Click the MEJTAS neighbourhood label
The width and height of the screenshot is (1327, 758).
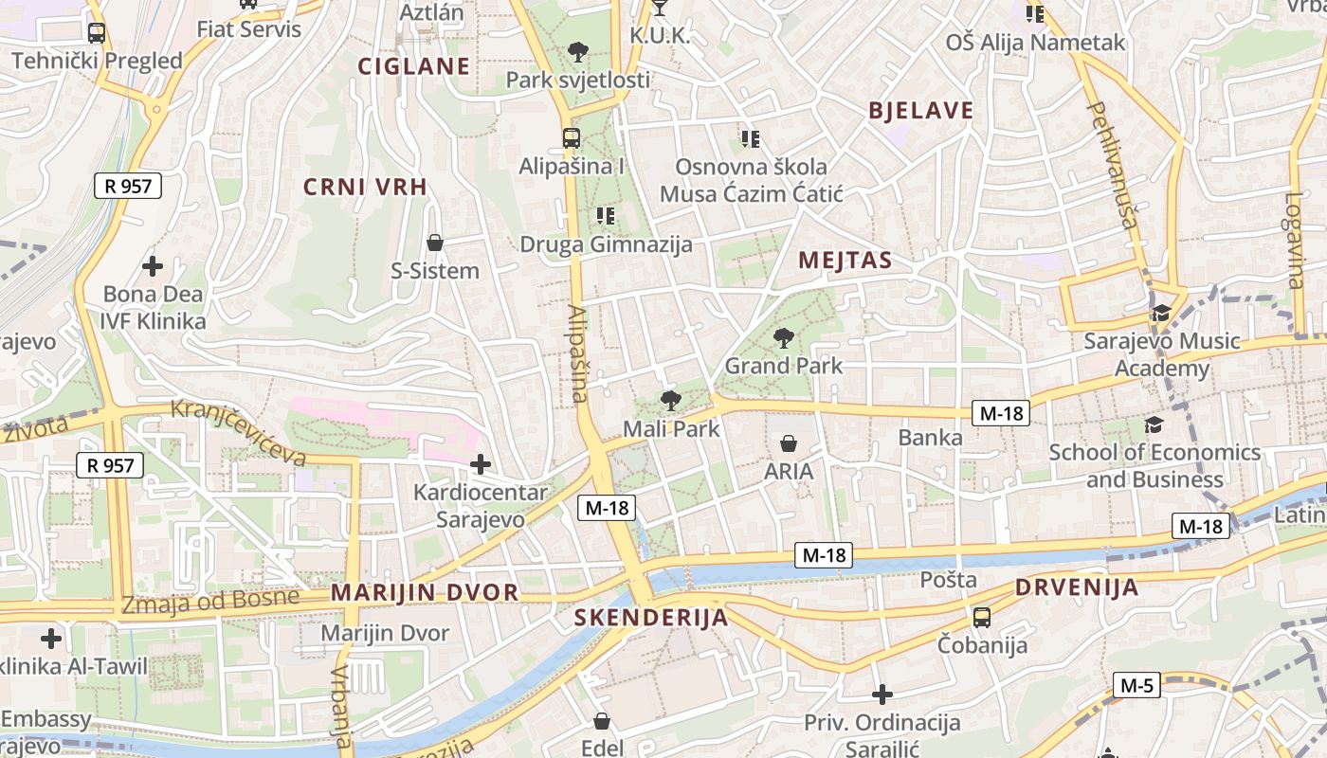pyautogui.click(x=845, y=261)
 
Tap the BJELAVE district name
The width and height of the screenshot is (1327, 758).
pyautogui.click(x=921, y=111)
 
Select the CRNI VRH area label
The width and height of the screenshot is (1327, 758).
pyautogui.click(x=365, y=188)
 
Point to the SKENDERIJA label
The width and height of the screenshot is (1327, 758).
pyautogui.click(x=651, y=619)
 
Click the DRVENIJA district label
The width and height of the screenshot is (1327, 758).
pyautogui.click(x=1077, y=587)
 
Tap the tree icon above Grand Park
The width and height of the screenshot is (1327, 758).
pyautogui.click(x=784, y=337)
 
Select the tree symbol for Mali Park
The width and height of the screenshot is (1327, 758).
pyautogui.click(x=671, y=401)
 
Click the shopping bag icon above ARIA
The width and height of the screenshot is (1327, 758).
pyautogui.click(x=789, y=442)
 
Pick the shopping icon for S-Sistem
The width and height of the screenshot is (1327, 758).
pyautogui.click(x=435, y=243)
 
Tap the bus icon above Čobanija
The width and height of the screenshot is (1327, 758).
pyautogui.click(x=982, y=618)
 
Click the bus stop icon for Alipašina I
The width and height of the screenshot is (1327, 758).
pyautogui.click(x=571, y=138)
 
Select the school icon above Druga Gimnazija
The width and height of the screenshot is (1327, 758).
pyautogui.click(x=606, y=216)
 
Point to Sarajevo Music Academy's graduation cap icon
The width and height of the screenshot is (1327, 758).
pyautogui.click(x=1161, y=313)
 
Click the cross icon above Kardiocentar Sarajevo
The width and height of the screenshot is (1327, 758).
pyautogui.click(x=481, y=464)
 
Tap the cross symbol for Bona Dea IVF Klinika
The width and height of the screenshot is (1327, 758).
pyautogui.click(x=152, y=266)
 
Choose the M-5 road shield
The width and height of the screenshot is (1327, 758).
pyautogui.click(x=1136, y=685)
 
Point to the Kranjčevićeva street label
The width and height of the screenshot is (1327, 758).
pyautogui.click(x=239, y=433)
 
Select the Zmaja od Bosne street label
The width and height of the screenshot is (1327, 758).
pyautogui.click(x=210, y=602)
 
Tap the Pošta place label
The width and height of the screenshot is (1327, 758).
pyautogui.click(x=949, y=580)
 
